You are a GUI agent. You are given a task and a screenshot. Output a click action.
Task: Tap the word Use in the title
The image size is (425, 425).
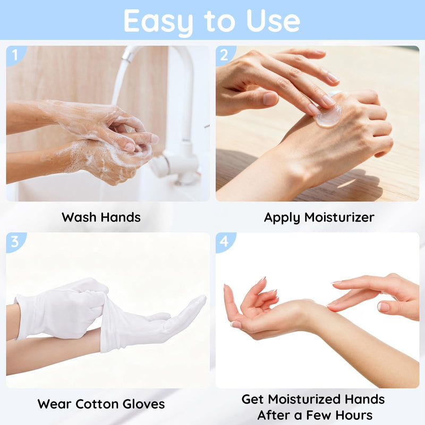[273, 20]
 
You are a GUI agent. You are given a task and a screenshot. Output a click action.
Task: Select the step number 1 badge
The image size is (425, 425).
[15, 55]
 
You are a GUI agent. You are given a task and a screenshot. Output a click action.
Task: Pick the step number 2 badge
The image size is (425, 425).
[225, 55]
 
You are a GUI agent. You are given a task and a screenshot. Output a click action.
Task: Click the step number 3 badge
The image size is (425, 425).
[15, 242]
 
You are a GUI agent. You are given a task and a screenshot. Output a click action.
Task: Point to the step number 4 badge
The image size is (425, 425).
[225, 242]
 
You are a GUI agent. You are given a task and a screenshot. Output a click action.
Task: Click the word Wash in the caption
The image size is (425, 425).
[79, 217]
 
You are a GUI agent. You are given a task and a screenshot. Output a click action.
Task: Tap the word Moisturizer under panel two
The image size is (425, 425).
[339, 217]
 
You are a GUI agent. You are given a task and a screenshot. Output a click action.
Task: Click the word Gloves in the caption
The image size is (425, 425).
[143, 404]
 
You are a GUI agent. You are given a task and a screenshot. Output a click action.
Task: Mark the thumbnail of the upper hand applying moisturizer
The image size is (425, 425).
[269, 98]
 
